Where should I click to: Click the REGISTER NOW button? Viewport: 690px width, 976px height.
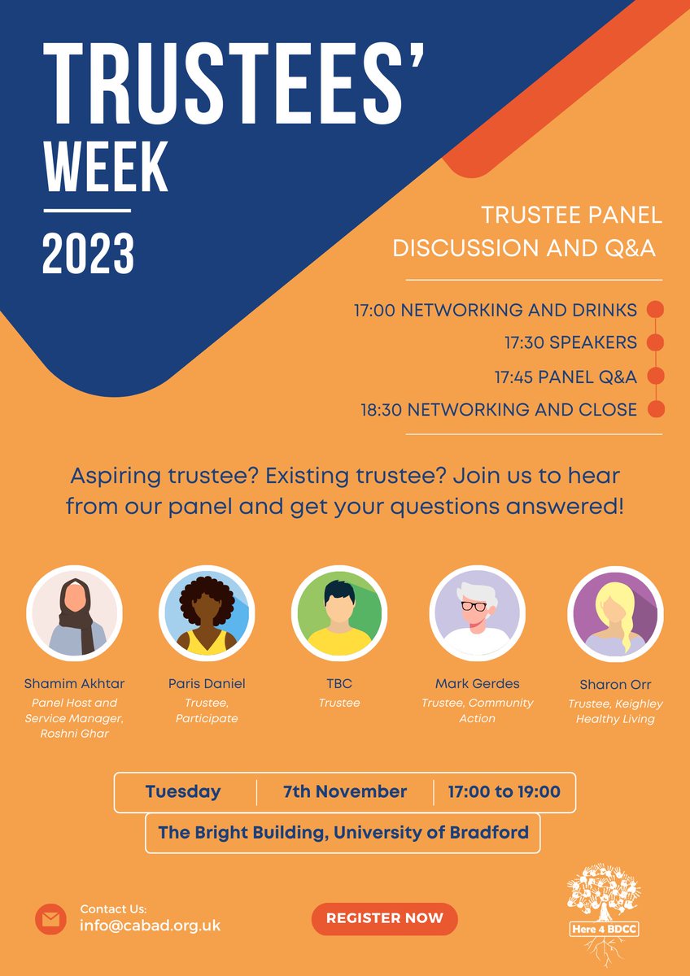click(384, 918)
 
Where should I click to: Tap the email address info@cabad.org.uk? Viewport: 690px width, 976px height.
click(150, 926)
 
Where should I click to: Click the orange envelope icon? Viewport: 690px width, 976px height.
click(50, 919)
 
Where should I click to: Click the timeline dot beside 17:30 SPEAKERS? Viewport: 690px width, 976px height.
click(655, 342)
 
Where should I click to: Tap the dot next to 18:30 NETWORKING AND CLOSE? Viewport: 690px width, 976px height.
click(655, 410)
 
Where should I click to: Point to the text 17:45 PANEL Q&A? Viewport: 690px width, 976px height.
click(566, 377)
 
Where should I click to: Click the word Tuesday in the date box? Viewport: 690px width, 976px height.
click(182, 791)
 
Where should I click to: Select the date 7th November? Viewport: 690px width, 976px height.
click(345, 791)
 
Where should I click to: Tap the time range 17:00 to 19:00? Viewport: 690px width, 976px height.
click(504, 791)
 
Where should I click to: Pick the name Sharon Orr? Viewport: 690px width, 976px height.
click(615, 683)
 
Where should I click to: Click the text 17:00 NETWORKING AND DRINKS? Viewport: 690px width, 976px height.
click(495, 310)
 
